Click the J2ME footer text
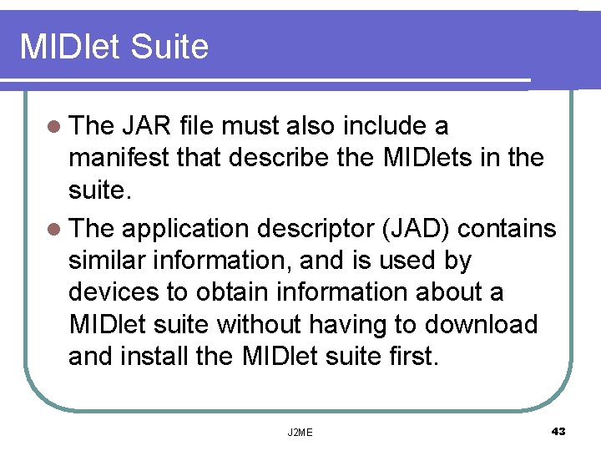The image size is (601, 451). click(x=300, y=432)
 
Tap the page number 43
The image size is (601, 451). click(x=558, y=431)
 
